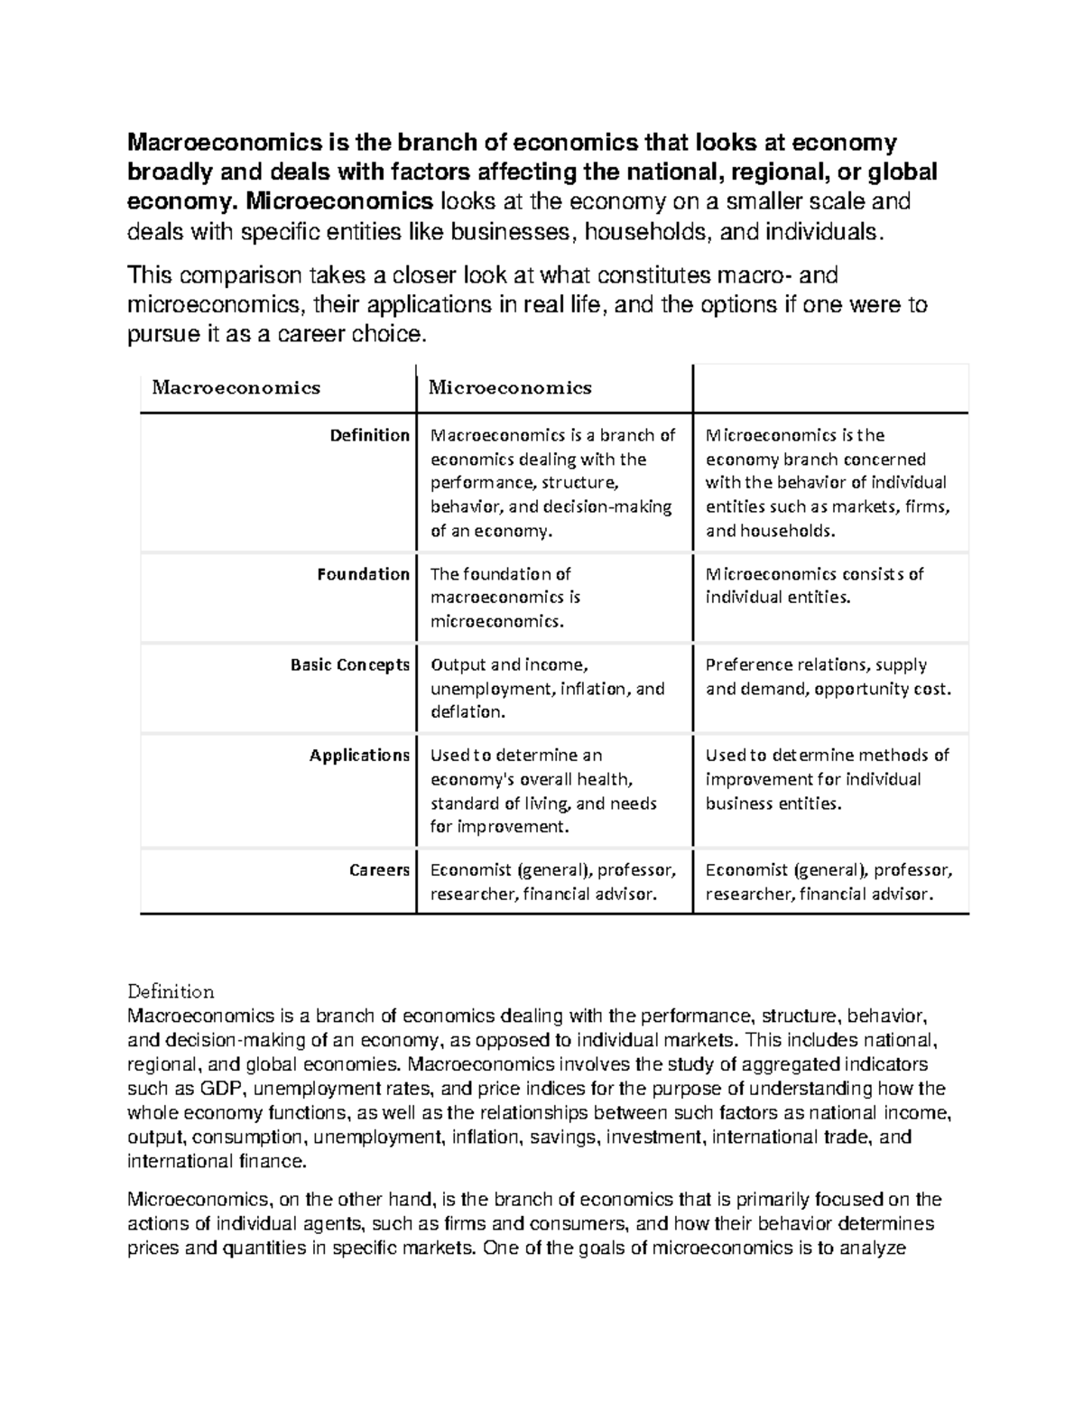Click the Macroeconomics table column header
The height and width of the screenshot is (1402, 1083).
tap(236, 388)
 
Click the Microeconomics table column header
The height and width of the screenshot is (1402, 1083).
tap(510, 388)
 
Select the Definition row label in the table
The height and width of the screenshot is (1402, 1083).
tap(369, 435)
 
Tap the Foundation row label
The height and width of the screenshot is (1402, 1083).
tap(363, 574)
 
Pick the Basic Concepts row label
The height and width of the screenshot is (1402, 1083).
tap(350, 665)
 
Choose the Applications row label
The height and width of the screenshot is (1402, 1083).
tap(359, 756)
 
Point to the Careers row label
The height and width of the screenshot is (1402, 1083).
tap(379, 870)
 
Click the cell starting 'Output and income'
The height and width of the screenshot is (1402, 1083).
tap(547, 688)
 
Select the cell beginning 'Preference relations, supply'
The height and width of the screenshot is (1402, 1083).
tap(828, 677)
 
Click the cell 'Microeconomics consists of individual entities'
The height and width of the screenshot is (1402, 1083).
tap(814, 586)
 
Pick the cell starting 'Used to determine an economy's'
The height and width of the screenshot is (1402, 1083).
tap(543, 791)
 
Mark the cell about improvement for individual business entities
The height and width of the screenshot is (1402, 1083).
tap(827, 779)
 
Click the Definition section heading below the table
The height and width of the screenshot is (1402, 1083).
tap(171, 992)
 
